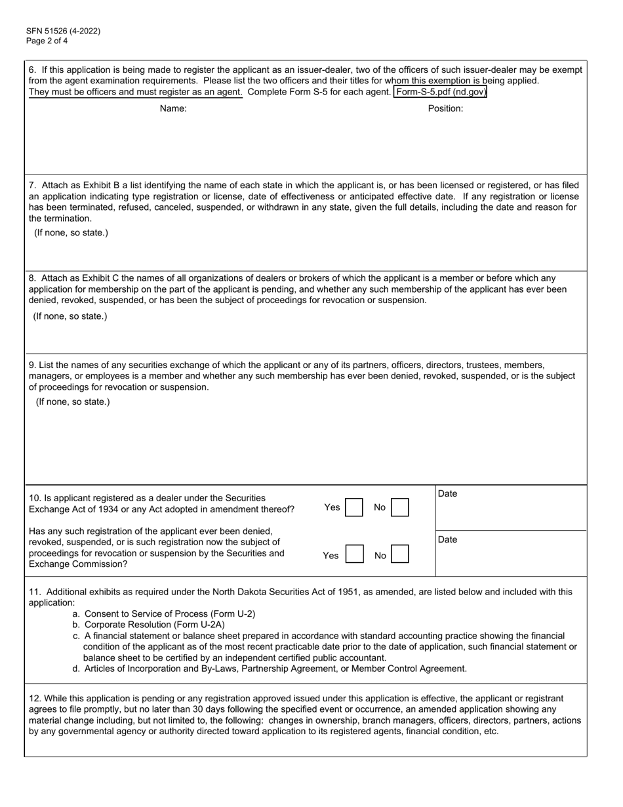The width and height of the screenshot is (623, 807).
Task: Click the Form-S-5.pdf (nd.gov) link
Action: point(441,92)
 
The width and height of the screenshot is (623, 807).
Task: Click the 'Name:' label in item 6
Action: point(173,109)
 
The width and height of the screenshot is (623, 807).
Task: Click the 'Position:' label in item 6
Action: point(445,109)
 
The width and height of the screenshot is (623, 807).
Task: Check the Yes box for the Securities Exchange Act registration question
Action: point(353,508)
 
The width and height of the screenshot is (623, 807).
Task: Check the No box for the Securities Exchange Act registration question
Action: point(400,508)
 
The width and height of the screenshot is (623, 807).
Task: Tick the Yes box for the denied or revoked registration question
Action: point(353,555)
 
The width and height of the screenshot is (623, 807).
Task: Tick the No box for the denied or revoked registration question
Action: point(400,555)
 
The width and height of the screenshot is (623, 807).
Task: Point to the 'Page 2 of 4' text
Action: point(47,41)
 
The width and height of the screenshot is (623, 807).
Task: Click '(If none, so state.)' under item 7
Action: point(71,233)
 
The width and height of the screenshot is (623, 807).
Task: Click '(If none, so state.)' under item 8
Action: point(70,316)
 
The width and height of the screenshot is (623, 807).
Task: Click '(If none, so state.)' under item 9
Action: point(73,402)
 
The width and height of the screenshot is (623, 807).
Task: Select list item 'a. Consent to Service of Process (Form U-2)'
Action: point(164,614)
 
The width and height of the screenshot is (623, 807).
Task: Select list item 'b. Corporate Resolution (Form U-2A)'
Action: point(149,625)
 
